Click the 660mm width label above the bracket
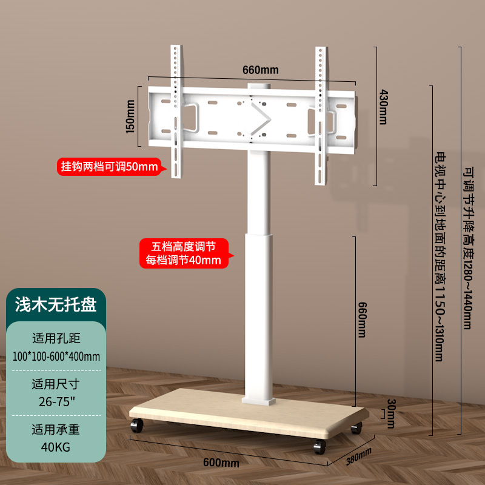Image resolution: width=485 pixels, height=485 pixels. point(261,69)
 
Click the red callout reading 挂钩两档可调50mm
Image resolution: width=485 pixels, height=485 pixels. point(109,166)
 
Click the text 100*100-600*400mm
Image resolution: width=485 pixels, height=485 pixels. point(56,355)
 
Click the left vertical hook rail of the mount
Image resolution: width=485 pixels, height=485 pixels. point(176,112)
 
